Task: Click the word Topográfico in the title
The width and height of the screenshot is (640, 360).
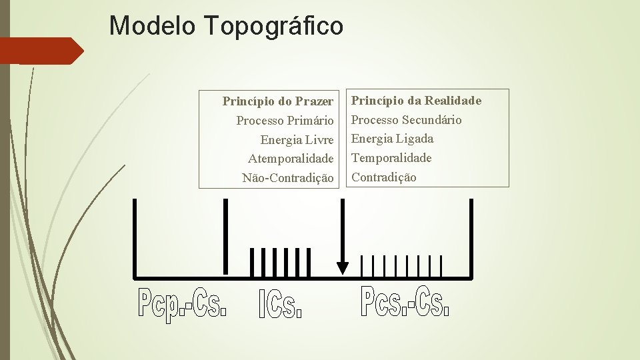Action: [x=275, y=27]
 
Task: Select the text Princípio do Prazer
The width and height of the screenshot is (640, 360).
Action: [x=277, y=101]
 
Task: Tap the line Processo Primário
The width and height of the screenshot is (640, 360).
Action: [x=285, y=121]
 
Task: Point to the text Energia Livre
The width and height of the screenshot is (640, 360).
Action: [x=297, y=140]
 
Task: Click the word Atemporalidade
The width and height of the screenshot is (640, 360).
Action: [x=291, y=159]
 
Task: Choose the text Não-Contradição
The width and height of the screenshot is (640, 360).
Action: [x=287, y=178]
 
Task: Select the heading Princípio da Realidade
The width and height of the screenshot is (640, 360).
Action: [x=416, y=101]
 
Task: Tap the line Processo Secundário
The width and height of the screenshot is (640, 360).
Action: [x=406, y=120]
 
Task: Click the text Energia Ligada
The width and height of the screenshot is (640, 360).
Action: [x=392, y=139]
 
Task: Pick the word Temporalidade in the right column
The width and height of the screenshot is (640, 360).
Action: [x=391, y=158]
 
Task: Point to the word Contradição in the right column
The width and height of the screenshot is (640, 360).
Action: [x=383, y=177]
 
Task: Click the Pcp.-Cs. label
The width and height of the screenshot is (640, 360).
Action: [x=183, y=303]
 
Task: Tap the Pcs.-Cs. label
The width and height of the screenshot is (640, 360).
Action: [x=405, y=301]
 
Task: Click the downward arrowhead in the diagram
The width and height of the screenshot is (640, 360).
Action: [x=342, y=267]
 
